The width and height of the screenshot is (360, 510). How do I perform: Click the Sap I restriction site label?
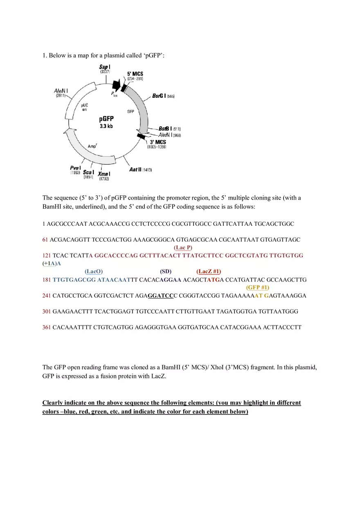coord(105,67)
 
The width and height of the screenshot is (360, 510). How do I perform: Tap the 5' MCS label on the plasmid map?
coord(135,74)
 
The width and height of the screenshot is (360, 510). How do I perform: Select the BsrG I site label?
coord(159,96)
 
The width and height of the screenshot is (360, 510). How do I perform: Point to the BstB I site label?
coord(165,129)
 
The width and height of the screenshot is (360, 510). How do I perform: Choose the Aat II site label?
coord(135,169)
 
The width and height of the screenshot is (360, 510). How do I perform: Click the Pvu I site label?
coord(75,168)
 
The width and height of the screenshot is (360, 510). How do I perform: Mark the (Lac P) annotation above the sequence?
coord(183,247)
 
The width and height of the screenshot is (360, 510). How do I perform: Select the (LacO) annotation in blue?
coord(94,271)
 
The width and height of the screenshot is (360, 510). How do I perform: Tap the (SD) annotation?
coord(166,271)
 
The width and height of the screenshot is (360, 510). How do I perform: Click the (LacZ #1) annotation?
coord(209,271)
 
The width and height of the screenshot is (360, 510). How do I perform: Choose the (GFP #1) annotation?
coord(257,288)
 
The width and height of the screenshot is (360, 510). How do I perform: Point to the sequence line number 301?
coord(47,311)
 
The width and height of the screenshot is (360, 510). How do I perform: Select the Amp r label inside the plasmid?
coord(92,146)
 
